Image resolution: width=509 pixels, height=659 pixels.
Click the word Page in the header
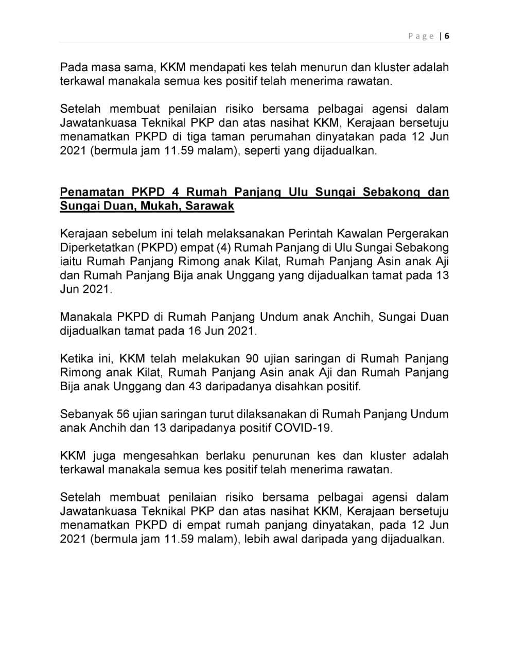[421, 36]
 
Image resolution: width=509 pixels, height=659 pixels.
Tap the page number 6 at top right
[447, 36]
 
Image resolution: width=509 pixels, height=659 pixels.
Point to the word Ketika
[74, 358]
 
